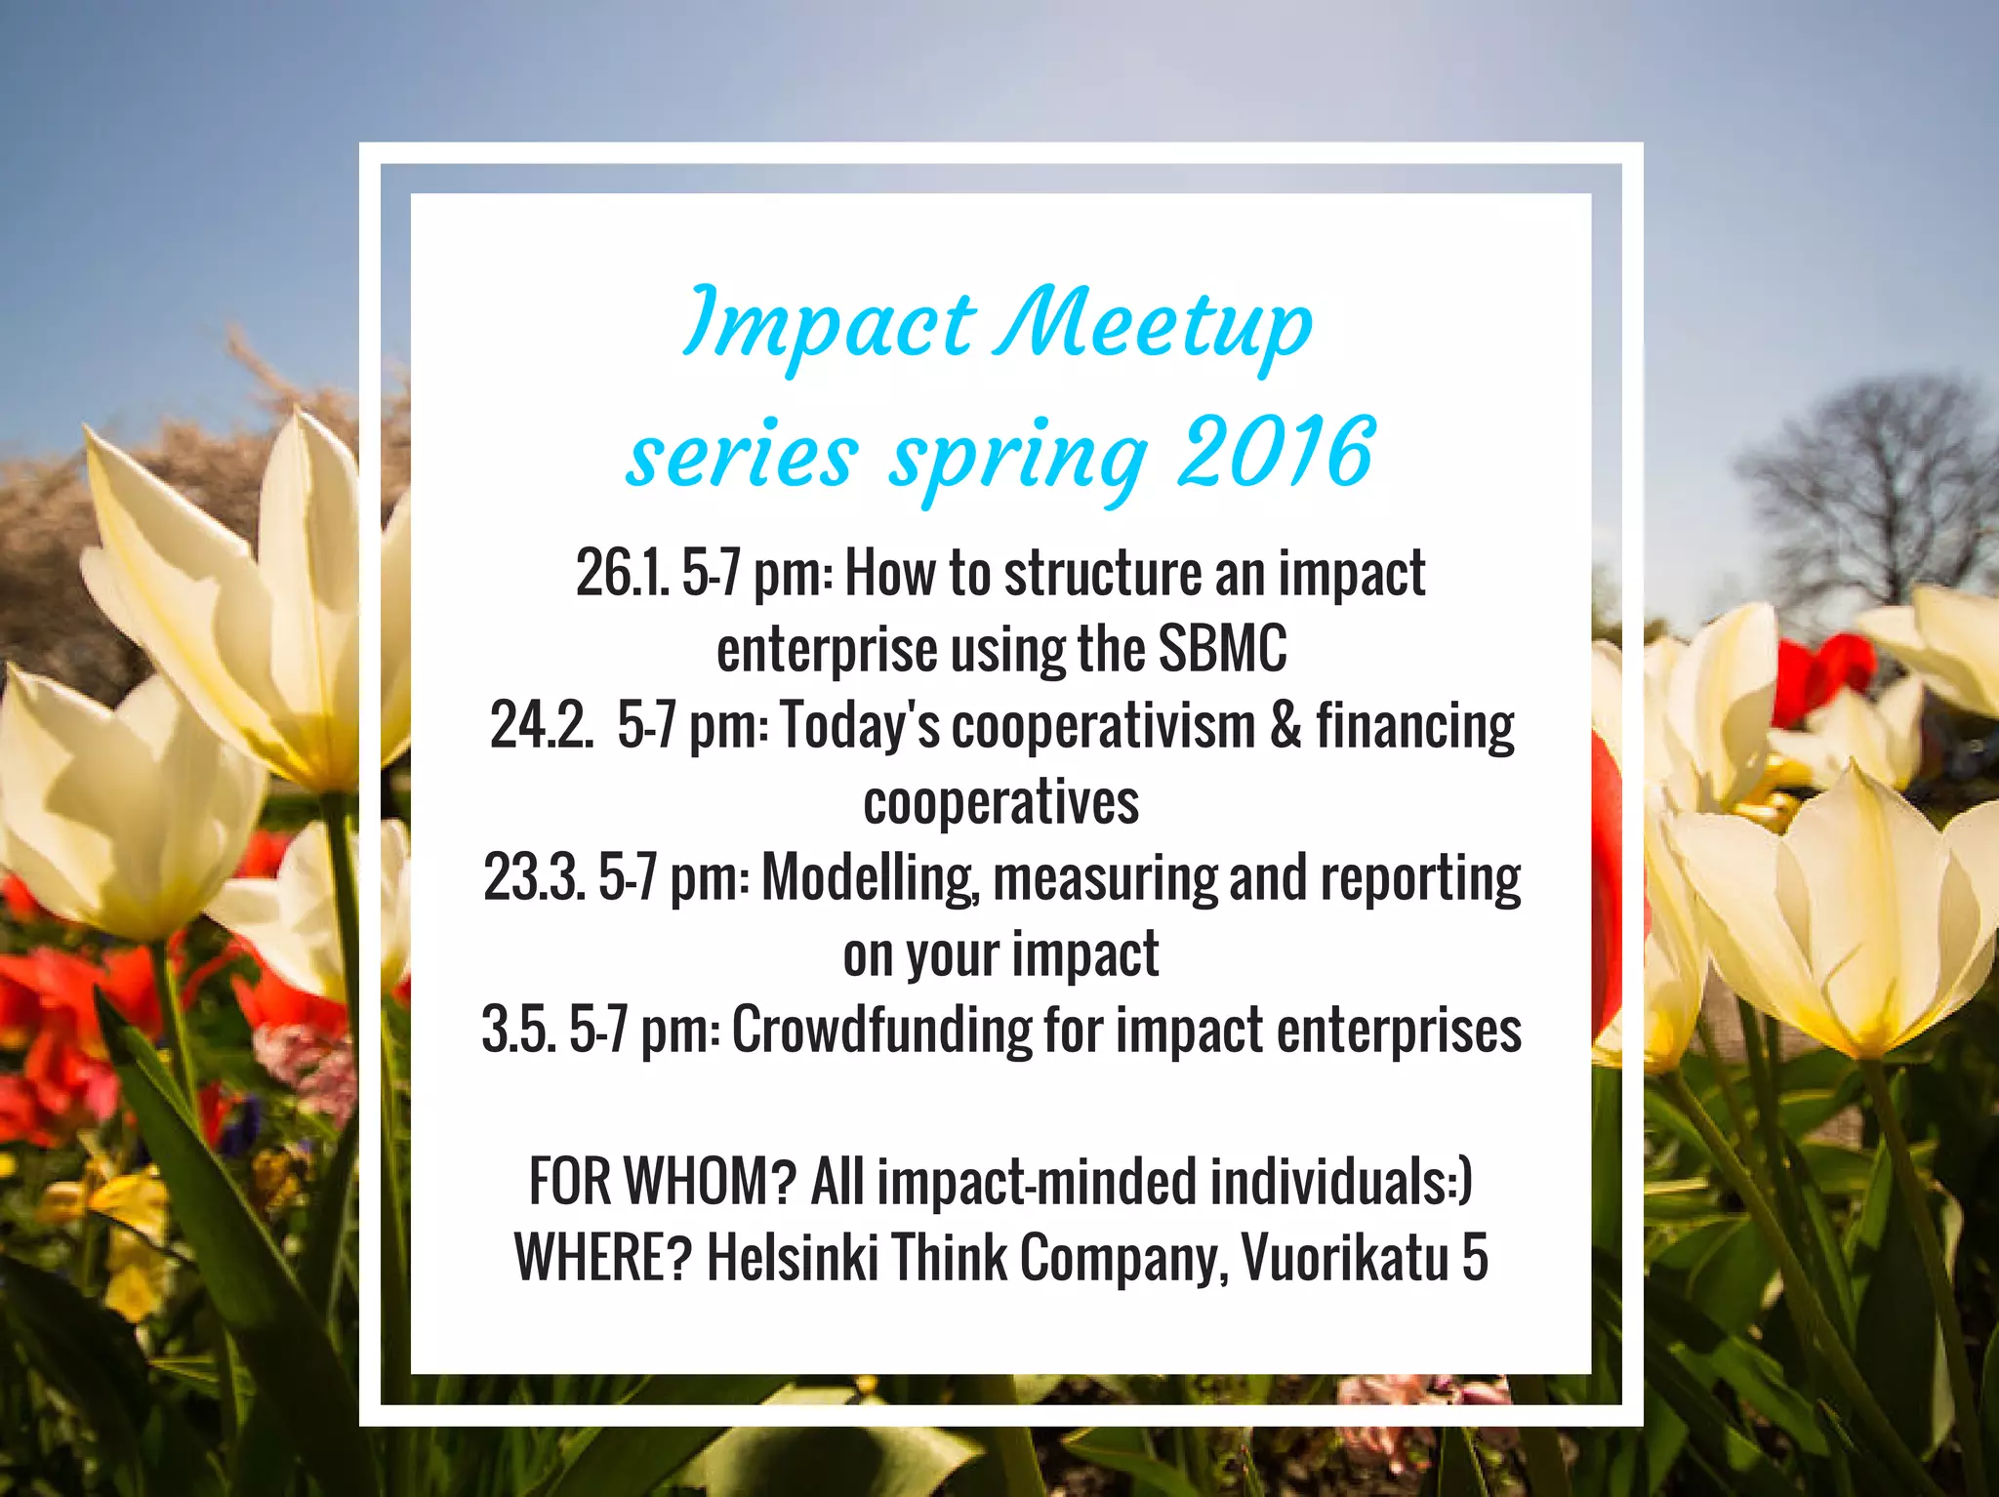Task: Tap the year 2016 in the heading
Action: pyautogui.click(x=1276, y=452)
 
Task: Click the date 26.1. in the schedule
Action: pyautogui.click(x=622, y=574)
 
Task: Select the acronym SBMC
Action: pyautogui.click(x=1222, y=649)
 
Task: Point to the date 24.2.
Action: pyautogui.click(x=542, y=726)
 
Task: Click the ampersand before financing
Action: pyautogui.click(x=1285, y=726)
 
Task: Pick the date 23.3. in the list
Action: pyautogui.click(x=534, y=878)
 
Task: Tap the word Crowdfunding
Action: pyautogui.click(x=881, y=1031)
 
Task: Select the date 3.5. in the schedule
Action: pyautogui.click(x=518, y=1031)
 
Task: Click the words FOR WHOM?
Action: pyautogui.click(x=663, y=1182)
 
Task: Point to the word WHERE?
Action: pyautogui.click(x=602, y=1258)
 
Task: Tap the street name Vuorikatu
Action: pyautogui.click(x=1344, y=1258)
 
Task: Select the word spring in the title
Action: pyautogui.click(x=1017, y=457)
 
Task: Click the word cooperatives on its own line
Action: pyautogui.click(x=1000, y=803)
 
